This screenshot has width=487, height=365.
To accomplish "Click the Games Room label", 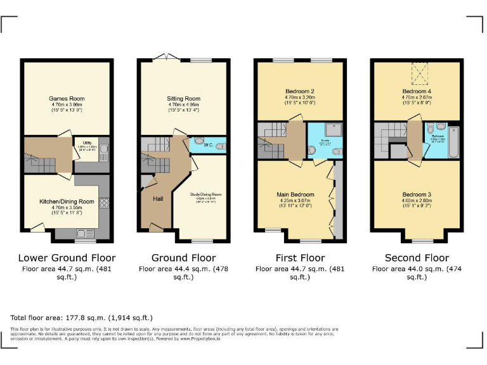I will coord(67,99).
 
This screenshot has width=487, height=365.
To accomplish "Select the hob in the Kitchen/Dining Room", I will coord(105,204).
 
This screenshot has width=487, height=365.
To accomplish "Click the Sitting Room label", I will coord(183,99).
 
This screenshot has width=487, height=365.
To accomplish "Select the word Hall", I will coord(159,198).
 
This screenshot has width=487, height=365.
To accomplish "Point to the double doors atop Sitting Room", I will coord(164,59).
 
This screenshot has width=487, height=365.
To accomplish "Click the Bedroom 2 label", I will coord(300,91).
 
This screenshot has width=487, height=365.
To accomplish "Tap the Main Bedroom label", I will coord(295,195).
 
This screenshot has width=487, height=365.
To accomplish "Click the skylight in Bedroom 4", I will coord(420,74).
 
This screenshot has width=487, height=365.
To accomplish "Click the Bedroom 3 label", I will coord(417,194).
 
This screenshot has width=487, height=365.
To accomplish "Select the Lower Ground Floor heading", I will coord(67,258).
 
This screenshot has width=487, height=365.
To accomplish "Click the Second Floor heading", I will coord(417,258).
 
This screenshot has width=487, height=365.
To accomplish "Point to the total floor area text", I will coord(81,317).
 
